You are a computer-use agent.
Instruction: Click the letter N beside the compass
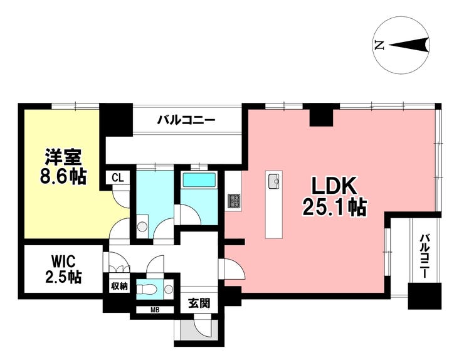[x=378, y=45]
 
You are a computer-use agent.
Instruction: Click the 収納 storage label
[x=119, y=286]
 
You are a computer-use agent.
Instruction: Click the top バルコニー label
[x=186, y=119]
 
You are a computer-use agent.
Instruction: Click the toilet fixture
[x=149, y=289]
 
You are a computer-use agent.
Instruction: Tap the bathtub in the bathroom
[x=199, y=181]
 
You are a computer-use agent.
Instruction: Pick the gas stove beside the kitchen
[x=233, y=201]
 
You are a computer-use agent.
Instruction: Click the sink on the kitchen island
[x=274, y=182]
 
